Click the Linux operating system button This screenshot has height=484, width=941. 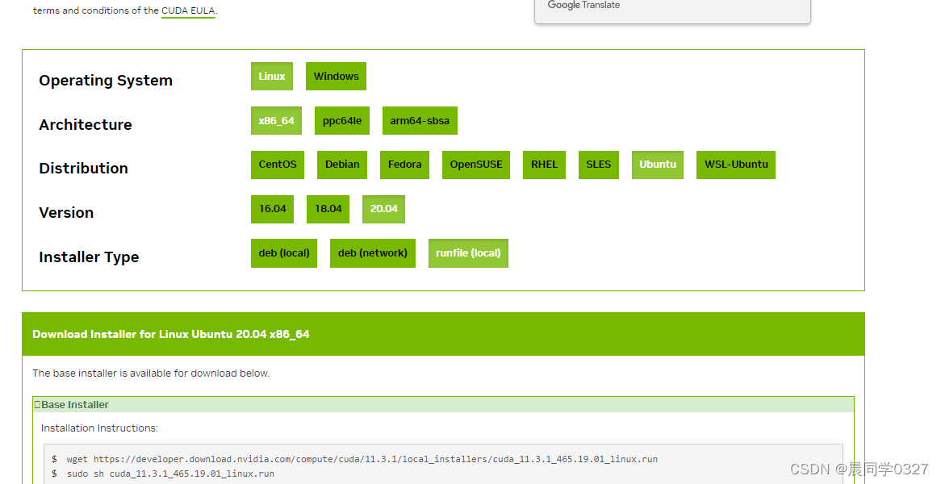tap(272, 77)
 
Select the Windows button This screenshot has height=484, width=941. tap(336, 77)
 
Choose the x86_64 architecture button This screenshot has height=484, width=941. tap(276, 121)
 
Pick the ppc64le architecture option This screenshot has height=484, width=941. tap(342, 121)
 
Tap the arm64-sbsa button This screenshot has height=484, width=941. tap(420, 121)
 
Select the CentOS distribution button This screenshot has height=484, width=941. tap(278, 165)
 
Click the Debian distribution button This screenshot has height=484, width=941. tap(342, 165)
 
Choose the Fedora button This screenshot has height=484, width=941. tap(404, 165)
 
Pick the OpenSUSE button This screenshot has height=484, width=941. tap(476, 165)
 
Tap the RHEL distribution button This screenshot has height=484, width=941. tap(544, 165)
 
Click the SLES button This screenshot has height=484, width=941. tap(599, 165)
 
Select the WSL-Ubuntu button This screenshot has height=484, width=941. tap(736, 165)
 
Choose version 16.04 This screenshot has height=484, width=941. tap(273, 209)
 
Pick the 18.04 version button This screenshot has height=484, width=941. tap(328, 209)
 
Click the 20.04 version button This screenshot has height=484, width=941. tap(383, 209)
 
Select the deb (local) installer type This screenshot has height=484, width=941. tap(284, 253)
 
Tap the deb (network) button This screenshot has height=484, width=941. tap(373, 253)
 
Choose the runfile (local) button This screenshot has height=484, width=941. tap(468, 253)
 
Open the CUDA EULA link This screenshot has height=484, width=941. tap(188, 11)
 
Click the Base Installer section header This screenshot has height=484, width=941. tap(75, 405)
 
